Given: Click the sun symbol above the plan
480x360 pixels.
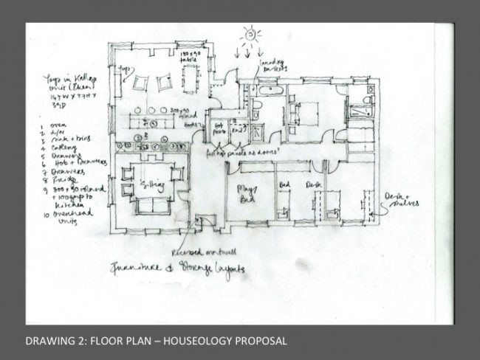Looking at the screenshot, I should pyautogui.click(x=253, y=34).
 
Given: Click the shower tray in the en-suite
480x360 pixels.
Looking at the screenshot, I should pyautogui.click(x=362, y=111).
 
